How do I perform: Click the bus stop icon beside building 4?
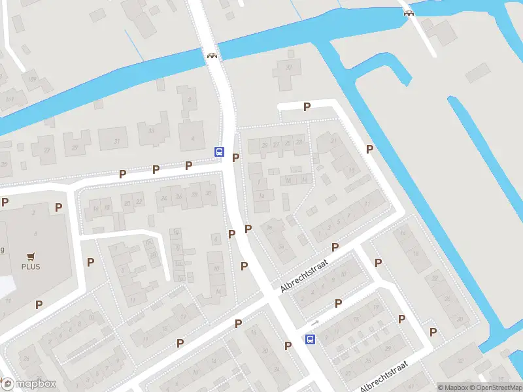click(219, 152)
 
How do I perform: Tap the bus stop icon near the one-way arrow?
click(310, 339)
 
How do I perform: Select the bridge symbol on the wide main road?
click(212, 56)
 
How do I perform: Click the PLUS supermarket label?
click(30, 267)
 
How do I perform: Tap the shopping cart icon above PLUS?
click(30, 257)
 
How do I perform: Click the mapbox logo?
click(29, 384)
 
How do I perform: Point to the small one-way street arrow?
click(315, 323)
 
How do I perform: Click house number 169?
click(31, 79)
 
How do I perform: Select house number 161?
click(9, 98)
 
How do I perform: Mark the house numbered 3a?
click(269, 227)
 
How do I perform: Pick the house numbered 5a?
click(281, 246)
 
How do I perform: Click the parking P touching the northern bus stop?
click(235, 157)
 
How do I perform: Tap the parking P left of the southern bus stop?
click(288, 346)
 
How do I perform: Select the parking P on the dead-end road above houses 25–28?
click(306, 106)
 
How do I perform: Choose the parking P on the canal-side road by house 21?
click(369, 150)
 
